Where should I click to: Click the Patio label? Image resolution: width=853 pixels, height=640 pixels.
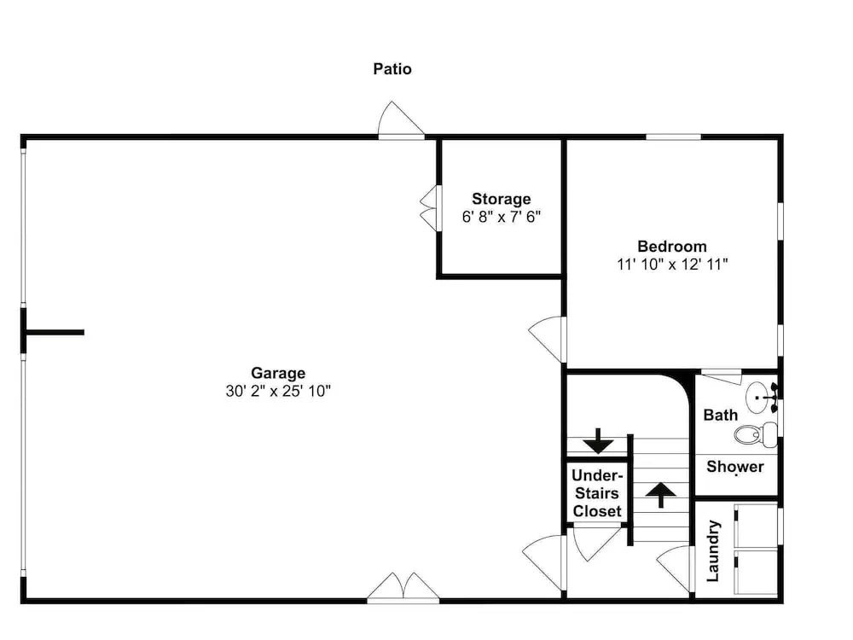coord(392,69)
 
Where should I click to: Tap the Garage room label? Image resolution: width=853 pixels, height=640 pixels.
coord(278,373)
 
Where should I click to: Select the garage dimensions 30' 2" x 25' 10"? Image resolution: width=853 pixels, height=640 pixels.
coord(278,391)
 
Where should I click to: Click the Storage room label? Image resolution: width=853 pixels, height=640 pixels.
coord(501,199)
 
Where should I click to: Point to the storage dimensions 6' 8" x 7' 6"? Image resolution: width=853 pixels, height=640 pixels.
coord(501,217)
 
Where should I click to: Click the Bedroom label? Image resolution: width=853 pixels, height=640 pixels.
coord(672,246)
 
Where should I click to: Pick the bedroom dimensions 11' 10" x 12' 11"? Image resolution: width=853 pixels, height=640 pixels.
coord(672,264)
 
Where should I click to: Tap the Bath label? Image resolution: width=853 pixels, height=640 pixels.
coord(720,415)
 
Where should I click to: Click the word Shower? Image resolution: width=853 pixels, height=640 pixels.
coord(735,467)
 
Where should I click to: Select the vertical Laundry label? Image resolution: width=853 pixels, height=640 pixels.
coord(713,550)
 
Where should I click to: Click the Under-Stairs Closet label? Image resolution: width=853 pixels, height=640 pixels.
coord(597,493)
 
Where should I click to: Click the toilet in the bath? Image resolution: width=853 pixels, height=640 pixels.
coord(756,434)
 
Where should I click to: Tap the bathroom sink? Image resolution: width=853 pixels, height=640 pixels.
coord(761,398)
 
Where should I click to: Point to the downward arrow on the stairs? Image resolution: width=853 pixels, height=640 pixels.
coord(599,441)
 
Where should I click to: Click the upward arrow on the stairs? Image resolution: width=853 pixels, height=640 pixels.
coord(661,495)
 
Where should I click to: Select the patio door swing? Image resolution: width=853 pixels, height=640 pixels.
coord(401,119)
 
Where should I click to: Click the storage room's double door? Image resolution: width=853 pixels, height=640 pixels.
coord(428,208)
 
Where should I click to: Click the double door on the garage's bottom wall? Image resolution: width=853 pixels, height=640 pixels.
coord(403,587)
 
